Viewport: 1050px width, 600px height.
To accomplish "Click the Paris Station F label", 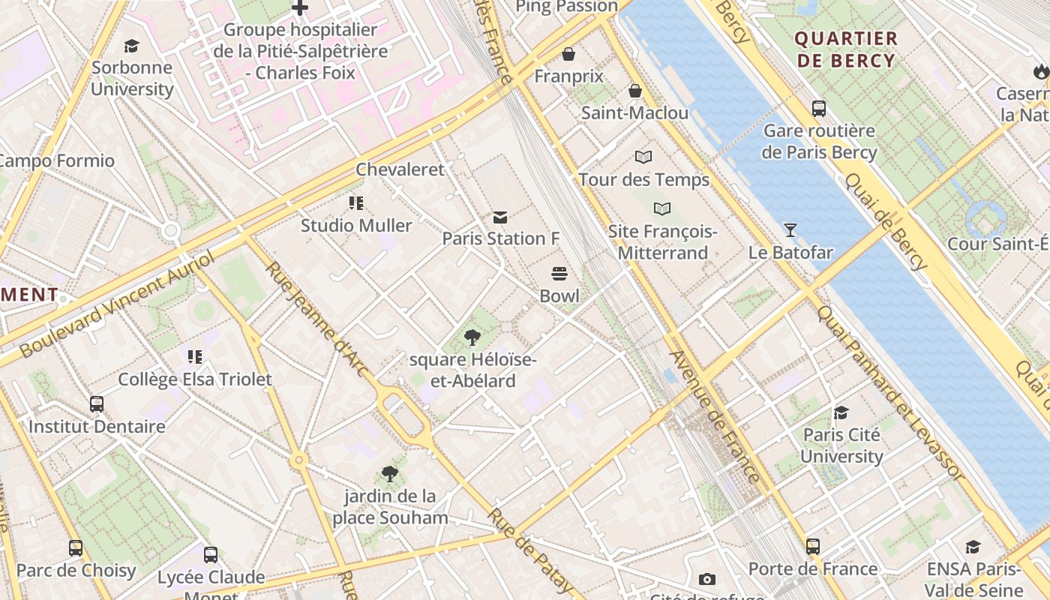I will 500,238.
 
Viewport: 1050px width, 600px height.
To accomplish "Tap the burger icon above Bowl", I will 559,274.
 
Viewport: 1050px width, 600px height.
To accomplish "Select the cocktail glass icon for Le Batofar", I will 790,230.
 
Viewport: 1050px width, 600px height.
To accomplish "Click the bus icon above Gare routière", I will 819,109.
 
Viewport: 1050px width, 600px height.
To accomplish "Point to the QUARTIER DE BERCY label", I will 846,49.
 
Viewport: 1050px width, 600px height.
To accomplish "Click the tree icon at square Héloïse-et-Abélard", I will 472,337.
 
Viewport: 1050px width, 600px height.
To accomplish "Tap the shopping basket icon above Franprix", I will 568,55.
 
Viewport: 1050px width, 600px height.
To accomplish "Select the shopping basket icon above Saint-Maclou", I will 635,91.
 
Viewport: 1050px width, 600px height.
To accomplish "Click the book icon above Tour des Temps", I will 643,157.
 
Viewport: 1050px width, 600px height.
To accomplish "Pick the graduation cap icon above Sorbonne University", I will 132,46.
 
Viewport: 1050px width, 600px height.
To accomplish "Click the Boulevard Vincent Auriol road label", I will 116,304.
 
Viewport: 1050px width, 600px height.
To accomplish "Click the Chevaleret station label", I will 400,169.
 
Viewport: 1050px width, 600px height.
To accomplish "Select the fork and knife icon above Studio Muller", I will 356,203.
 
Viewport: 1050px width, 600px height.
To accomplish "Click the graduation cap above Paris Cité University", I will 841,413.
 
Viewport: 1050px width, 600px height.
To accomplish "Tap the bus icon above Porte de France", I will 813,547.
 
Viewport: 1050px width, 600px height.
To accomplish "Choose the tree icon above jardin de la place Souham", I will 390,474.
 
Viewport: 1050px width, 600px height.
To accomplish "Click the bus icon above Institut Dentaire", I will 97,404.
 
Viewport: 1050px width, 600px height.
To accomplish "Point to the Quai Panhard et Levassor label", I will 889,391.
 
